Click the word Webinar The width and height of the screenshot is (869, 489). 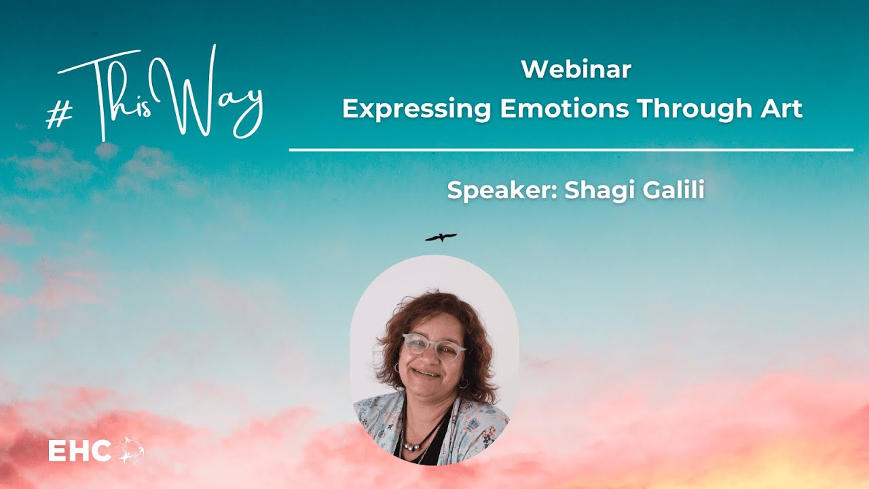(x=576, y=69)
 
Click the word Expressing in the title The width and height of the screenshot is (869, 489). (x=415, y=109)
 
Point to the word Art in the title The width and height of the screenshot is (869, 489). (x=781, y=109)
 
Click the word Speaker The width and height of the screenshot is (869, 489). (x=502, y=191)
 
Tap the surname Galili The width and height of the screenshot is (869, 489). (x=672, y=191)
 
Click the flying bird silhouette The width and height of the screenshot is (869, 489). (x=441, y=237)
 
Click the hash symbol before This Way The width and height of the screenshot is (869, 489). (x=60, y=115)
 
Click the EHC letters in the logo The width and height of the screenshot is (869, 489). (x=79, y=452)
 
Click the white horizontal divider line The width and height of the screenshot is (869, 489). (x=570, y=149)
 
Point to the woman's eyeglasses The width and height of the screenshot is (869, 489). (x=434, y=347)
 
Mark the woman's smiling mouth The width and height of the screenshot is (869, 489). (x=427, y=374)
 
